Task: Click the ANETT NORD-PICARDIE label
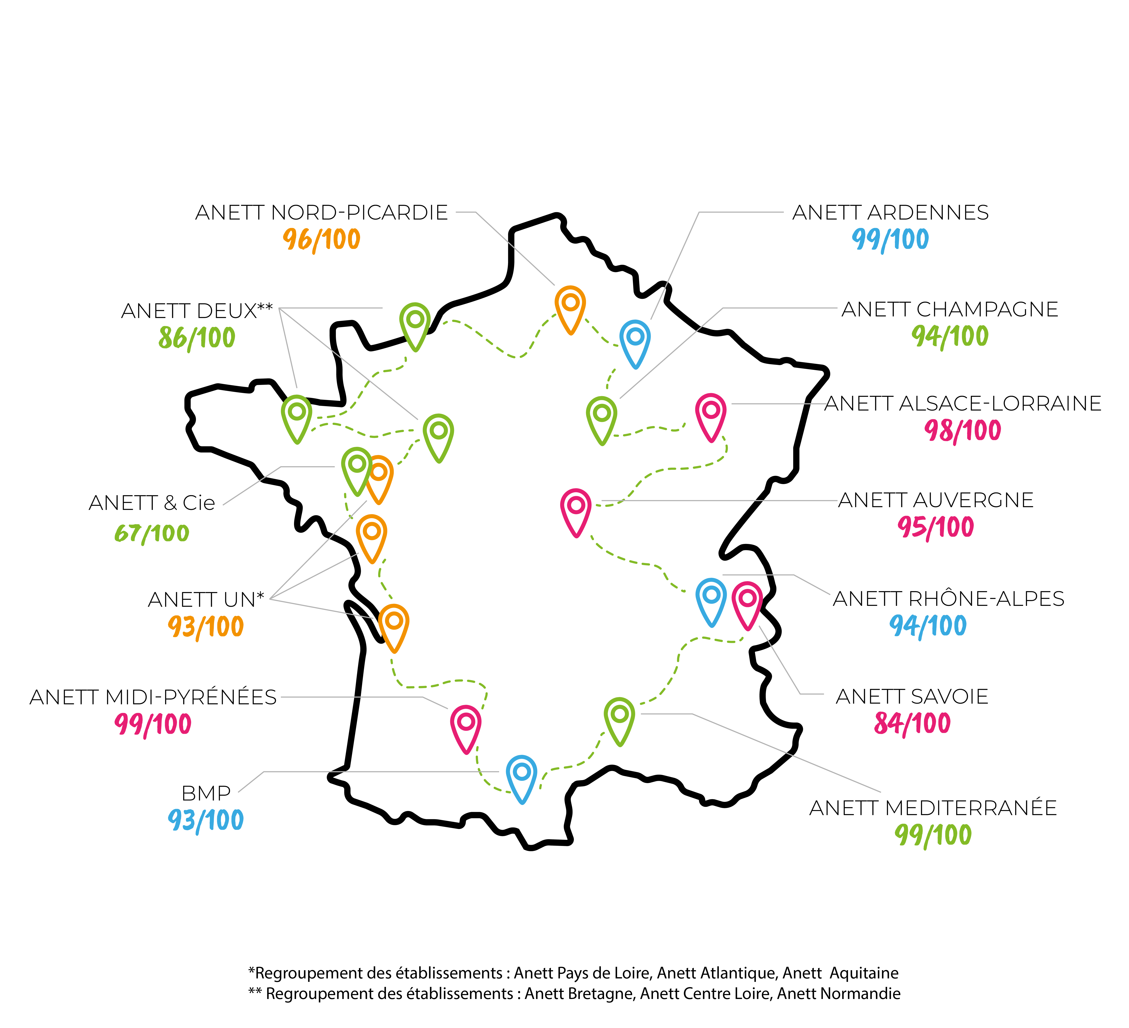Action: (x=321, y=213)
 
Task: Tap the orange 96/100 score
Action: (x=321, y=239)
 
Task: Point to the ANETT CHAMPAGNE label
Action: (x=950, y=309)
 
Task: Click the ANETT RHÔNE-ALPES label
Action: (x=949, y=599)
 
